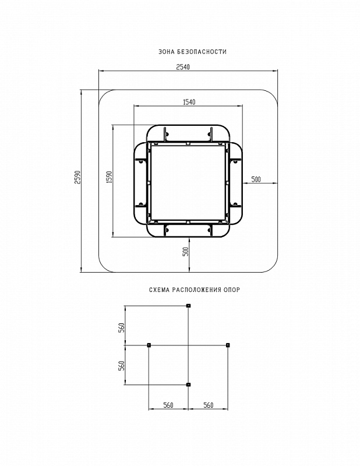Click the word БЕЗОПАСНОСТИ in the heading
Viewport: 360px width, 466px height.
click(x=202, y=52)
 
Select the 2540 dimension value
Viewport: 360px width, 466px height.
click(x=183, y=67)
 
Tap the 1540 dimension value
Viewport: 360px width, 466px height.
click(x=189, y=102)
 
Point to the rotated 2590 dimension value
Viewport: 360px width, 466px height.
click(x=77, y=177)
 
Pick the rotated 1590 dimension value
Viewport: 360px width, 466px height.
click(x=110, y=177)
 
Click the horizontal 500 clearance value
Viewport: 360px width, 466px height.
click(x=256, y=179)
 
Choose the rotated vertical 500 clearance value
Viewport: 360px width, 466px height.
click(x=185, y=252)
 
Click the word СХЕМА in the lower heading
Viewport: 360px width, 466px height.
click(x=159, y=290)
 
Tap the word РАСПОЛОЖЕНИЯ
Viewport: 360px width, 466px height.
click(x=196, y=290)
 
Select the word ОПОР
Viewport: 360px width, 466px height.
click(x=232, y=290)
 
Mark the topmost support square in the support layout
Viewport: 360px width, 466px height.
click(x=188, y=305)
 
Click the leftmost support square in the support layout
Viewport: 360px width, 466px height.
click(x=149, y=345)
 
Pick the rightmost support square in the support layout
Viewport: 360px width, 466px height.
click(x=228, y=345)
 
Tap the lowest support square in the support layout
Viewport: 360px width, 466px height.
click(x=188, y=384)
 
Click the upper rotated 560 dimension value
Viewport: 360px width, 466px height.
click(x=121, y=327)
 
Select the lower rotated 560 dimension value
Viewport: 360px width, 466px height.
click(x=121, y=366)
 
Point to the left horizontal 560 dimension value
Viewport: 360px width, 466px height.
click(x=168, y=405)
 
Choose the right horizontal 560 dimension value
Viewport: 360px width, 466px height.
click(x=208, y=405)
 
